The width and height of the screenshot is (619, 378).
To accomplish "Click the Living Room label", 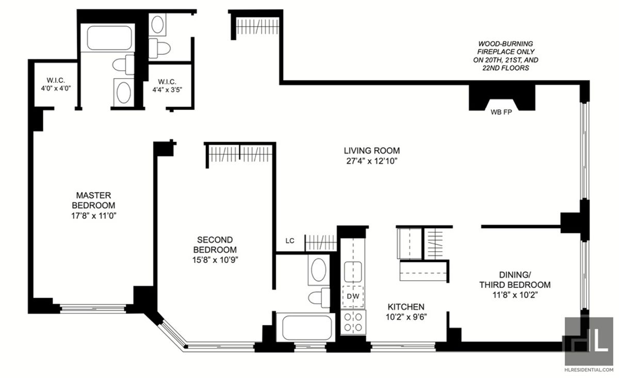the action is click(372, 151).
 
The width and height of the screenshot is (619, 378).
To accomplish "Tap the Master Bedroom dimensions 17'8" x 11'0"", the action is click(94, 216).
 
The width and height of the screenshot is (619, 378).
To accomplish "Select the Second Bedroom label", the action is click(215, 245).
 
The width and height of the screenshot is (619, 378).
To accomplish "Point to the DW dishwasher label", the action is click(353, 296).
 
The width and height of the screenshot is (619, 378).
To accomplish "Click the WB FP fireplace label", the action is click(501, 112).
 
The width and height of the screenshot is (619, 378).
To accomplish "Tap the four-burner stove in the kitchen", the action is click(353, 322).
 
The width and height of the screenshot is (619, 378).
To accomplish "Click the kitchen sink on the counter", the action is click(353, 272).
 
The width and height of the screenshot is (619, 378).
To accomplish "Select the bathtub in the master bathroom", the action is click(109, 38).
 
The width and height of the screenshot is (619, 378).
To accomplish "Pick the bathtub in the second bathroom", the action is click(307, 327).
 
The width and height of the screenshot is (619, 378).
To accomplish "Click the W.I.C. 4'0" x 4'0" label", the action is click(56, 84).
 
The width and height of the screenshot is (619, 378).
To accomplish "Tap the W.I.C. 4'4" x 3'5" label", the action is click(167, 86).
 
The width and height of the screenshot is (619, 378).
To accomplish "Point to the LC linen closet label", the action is click(290, 241).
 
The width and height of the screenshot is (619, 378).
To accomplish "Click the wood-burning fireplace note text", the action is click(506, 56).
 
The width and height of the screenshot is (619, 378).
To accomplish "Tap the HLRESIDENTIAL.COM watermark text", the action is click(588, 369).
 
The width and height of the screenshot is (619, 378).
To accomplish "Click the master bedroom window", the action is click(93, 308).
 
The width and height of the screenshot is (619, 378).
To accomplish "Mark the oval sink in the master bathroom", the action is click(123, 92).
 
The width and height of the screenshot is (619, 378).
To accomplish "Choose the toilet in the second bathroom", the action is click(319, 297).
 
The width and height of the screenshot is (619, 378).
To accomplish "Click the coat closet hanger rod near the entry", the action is click(258, 26).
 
